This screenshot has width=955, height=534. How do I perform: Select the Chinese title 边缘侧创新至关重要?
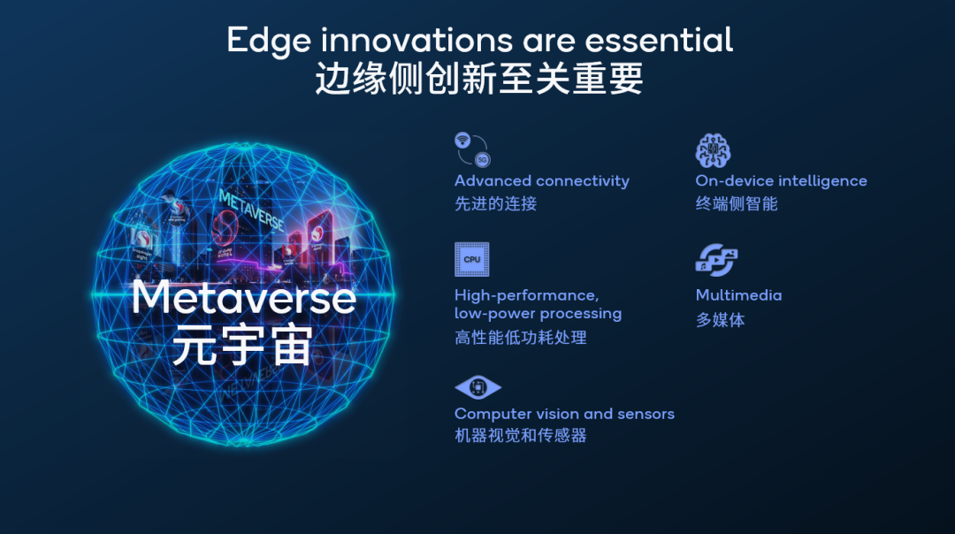click(478, 79)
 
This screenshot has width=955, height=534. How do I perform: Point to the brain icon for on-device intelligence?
click(713, 150)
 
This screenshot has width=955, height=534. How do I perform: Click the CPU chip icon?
click(471, 259)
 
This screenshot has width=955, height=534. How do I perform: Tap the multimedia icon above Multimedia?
click(715, 260)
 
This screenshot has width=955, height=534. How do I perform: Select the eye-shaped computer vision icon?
click(477, 387)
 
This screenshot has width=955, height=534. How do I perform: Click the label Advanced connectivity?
click(541, 181)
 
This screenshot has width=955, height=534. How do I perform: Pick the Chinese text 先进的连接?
click(495, 203)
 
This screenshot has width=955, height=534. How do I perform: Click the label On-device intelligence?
click(781, 181)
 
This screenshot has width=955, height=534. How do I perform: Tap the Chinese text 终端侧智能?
click(736, 203)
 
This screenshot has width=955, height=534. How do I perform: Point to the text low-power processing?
click(538, 314)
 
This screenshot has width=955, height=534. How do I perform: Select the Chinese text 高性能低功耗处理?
click(520, 337)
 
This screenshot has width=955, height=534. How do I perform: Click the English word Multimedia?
click(738, 295)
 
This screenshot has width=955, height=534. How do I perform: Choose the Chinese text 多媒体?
click(720, 320)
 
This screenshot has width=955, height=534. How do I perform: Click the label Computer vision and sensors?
click(564, 414)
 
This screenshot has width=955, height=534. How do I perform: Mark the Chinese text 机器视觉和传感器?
click(520, 436)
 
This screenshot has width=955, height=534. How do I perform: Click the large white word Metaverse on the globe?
click(243, 298)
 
